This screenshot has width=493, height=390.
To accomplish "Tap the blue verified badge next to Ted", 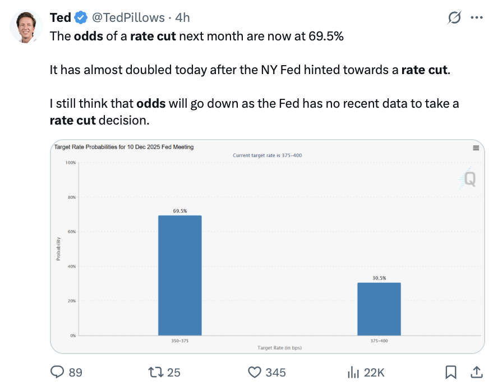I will [x=81, y=18].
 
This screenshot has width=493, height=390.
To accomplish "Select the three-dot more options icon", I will [x=476, y=18].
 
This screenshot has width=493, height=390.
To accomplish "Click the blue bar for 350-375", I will [x=179, y=275].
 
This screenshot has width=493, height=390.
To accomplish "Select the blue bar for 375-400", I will [x=379, y=309].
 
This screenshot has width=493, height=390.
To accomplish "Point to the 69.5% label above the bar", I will [x=179, y=211].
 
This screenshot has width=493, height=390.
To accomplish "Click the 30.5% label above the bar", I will [x=379, y=278].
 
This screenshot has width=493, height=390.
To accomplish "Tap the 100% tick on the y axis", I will [x=70, y=163].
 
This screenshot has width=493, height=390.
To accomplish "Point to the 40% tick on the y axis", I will [x=71, y=267].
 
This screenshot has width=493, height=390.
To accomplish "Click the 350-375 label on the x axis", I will [x=179, y=341].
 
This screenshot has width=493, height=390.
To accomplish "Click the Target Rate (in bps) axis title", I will [x=279, y=348].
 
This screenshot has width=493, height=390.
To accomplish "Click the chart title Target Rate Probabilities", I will [x=123, y=147].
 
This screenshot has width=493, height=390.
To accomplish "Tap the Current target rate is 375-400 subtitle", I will [x=267, y=155].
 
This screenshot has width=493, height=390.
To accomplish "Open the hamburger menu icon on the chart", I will [x=476, y=148].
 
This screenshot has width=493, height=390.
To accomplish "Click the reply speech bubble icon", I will [x=58, y=372].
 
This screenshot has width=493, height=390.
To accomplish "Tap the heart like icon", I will [x=255, y=372].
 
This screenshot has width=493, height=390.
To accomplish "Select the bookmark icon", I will [x=450, y=372].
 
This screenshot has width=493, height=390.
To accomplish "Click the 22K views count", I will [x=374, y=372].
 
